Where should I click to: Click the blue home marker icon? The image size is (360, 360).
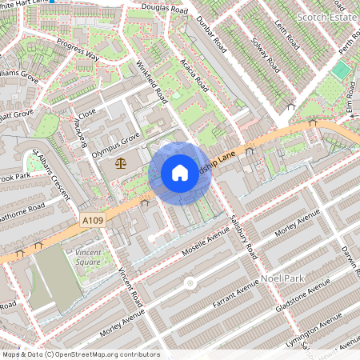pos(180,173)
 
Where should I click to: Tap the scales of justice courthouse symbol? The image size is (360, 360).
pos(121,162)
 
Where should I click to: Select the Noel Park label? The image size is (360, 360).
pos(280,279)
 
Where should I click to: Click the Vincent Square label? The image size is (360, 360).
pos(88,256)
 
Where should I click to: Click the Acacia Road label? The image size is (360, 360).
pos(195,74)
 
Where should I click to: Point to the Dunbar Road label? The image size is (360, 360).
pos(212,37)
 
